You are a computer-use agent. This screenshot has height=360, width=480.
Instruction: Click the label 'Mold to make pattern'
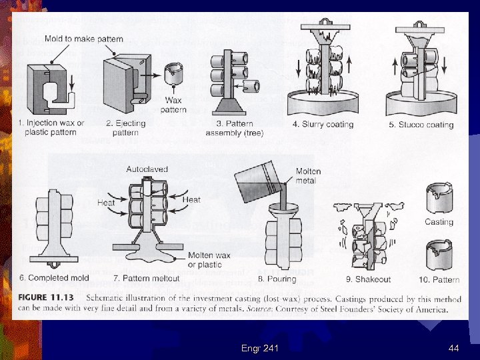point(84,39)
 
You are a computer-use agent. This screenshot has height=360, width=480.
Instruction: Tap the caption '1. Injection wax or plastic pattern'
point(52,127)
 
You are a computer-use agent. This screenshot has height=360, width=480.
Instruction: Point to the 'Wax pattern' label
point(174,105)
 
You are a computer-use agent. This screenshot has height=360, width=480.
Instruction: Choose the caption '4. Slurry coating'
point(323,125)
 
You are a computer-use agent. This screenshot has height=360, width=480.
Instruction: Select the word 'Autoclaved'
point(147,169)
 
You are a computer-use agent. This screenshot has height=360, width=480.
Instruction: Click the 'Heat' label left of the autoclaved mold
point(106,202)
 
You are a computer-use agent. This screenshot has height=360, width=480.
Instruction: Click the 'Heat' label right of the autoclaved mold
point(191,199)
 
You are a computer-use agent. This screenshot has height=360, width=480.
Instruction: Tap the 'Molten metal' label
point(308,176)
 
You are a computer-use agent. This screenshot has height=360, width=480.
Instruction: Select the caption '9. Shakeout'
point(368,279)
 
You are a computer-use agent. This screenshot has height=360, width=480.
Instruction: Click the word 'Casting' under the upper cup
point(439,222)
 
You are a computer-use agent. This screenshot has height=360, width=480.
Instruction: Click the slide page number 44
point(454,347)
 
